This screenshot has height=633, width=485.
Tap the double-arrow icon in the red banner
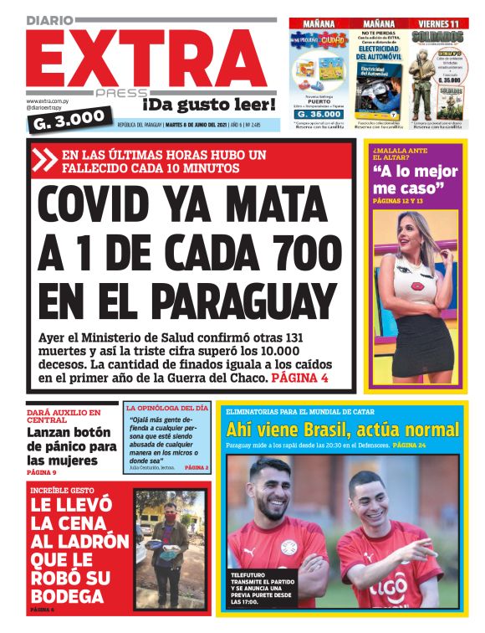coord(47,159)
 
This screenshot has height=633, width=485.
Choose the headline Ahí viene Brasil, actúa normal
coord(343,430)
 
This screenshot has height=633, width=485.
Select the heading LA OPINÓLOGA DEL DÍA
coord(167,408)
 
